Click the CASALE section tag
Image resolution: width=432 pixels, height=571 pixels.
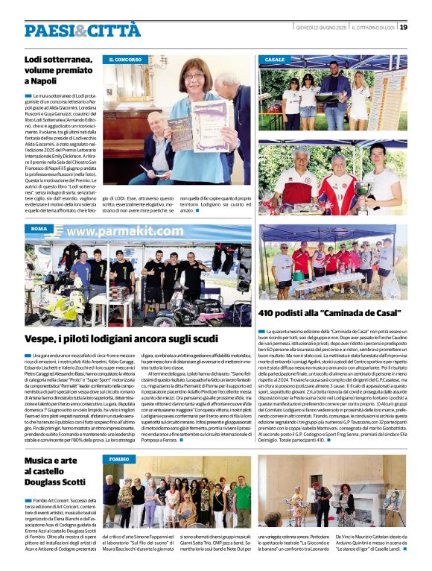274,59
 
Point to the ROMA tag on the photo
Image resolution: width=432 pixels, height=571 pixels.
39,229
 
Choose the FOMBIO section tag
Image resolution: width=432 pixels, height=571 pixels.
118,459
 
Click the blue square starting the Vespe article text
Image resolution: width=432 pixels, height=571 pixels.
28,356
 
